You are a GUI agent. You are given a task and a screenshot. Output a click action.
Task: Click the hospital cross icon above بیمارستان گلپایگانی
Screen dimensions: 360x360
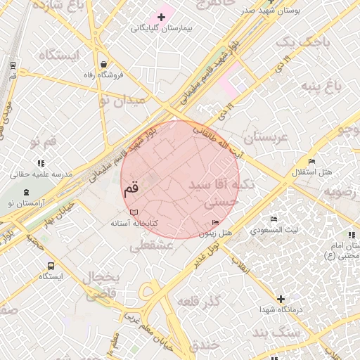click(162, 16)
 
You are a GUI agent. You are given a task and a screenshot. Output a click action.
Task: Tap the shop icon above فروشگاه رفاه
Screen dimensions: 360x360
click(103, 63)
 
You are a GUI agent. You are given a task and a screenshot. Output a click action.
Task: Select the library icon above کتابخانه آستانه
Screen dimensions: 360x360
click(134, 212)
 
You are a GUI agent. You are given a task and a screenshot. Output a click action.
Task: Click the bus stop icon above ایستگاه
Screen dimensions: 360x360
click(51, 266)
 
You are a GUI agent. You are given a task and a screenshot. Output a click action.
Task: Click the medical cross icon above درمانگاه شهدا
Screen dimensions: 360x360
click(281, 299)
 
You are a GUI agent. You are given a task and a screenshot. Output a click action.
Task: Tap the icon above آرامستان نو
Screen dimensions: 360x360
click(27, 193)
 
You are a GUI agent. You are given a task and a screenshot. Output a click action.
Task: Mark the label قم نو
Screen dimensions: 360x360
click(42, 143)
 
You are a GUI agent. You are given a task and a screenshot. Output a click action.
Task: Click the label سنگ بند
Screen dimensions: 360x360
click(271, 332)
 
